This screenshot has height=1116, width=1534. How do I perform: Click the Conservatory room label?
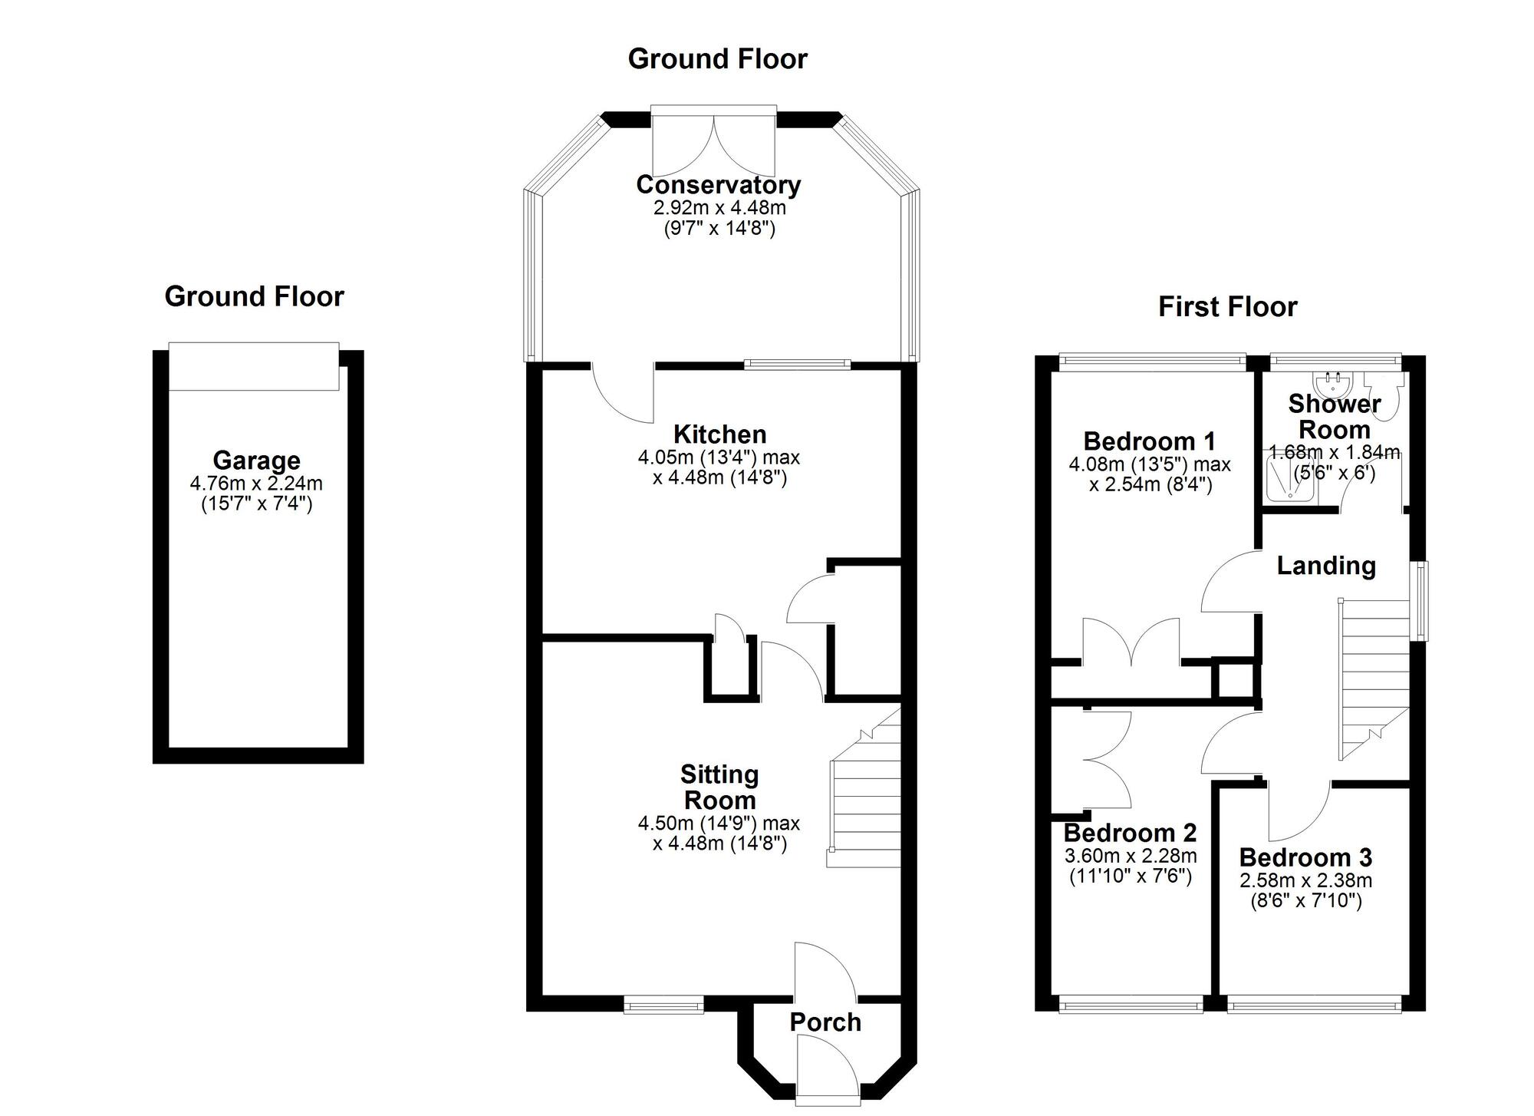click(718, 185)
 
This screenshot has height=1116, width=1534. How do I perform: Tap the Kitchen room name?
click(719, 434)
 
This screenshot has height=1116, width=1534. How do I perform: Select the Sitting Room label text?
click(719, 787)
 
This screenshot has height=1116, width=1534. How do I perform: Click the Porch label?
click(825, 1022)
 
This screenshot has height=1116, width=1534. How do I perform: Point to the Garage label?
click(256, 461)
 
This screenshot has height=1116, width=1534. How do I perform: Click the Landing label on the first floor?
click(1325, 566)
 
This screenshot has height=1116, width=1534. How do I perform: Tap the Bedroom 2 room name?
click(1130, 833)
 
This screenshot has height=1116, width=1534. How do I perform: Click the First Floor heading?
click(1227, 307)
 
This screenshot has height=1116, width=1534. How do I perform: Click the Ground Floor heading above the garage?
click(254, 296)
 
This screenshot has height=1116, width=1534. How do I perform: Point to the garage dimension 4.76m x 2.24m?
click(256, 484)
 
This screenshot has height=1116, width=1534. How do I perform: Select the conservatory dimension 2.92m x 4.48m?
click(719, 208)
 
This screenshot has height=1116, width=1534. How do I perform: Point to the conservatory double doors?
click(713, 142)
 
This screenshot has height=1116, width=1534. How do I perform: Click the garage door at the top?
click(253, 366)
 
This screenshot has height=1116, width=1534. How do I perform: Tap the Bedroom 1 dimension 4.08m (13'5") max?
click(1149, 464)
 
